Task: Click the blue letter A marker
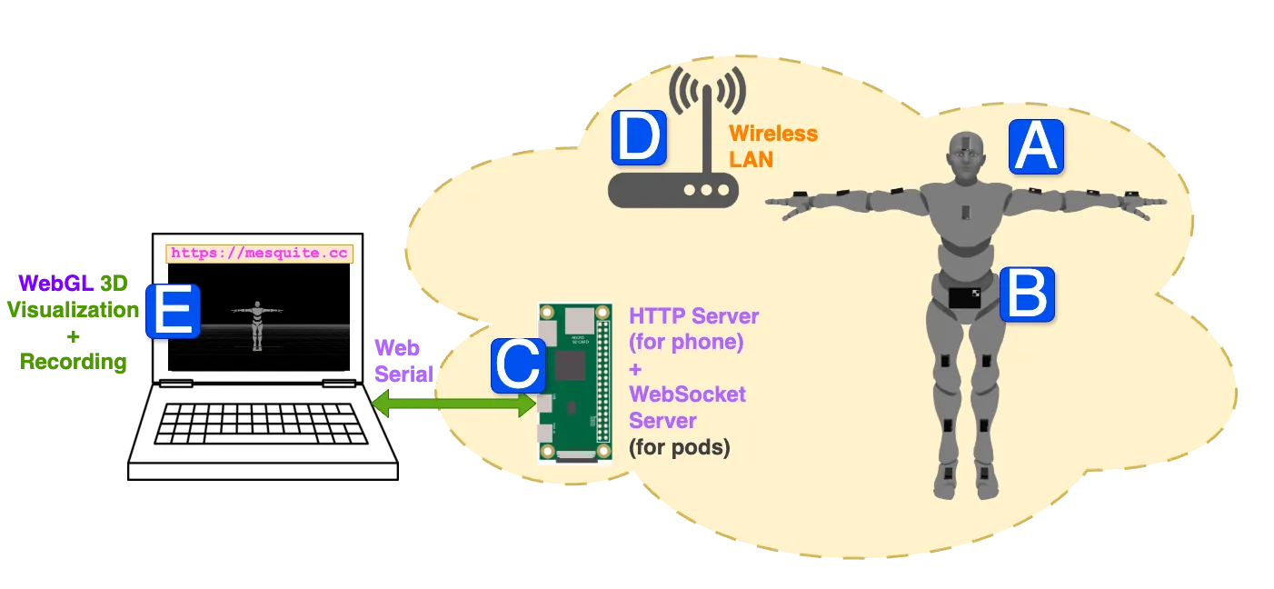pyautogui.click(x=1036, y=147)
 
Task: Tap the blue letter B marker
pyautogui.click(x=1027, y=294)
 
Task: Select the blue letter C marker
pyautogui.click(x=519, y=366)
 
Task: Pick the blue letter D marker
pyautogui.click(x=639, y=138)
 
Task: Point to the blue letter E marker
pyautogui.click(x=173, y=311)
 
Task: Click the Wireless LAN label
pyautogui.click(x=773, y=146)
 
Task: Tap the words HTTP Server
pyautogui.click(x=694, y=317)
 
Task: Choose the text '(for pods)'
pyautogui.click(x=680, y=448)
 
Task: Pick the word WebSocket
pyautogui.click(x=687, y=394)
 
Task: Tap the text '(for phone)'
pyautogui.click(x=686, y=343)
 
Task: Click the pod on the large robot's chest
pyautogui.click(x=966, y=213)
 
